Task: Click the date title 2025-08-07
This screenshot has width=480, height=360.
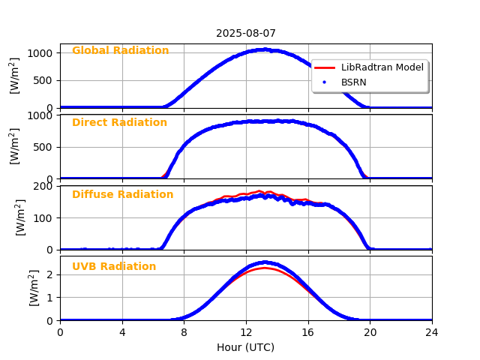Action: (246, 34)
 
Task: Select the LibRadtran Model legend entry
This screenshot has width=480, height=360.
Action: (382, 67)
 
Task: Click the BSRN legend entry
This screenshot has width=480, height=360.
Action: (353, 82)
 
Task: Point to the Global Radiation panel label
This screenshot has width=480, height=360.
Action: (120, 51)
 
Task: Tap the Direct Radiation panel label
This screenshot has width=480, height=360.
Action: (119, 123)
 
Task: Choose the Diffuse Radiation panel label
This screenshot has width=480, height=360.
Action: (122, 195)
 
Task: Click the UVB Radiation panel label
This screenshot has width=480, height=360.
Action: (114, 267)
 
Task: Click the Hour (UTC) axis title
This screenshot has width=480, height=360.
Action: (246, 347)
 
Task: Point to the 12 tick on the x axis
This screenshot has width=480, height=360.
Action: (246, 332)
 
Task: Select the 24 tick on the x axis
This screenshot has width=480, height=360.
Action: (432, 332)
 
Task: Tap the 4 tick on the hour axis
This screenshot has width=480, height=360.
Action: (122, 332)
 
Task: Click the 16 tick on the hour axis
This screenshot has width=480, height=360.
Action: (307, 332)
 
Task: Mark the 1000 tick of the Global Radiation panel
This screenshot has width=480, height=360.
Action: (43, 53)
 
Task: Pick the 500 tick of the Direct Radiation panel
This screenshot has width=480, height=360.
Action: (46, 147)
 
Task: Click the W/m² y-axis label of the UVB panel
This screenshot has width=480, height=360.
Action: (34, 288)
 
